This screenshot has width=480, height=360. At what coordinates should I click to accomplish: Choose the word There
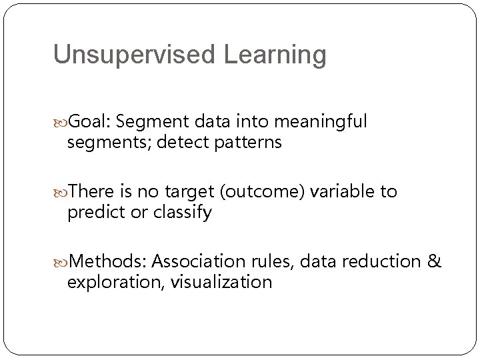point(94,192)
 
